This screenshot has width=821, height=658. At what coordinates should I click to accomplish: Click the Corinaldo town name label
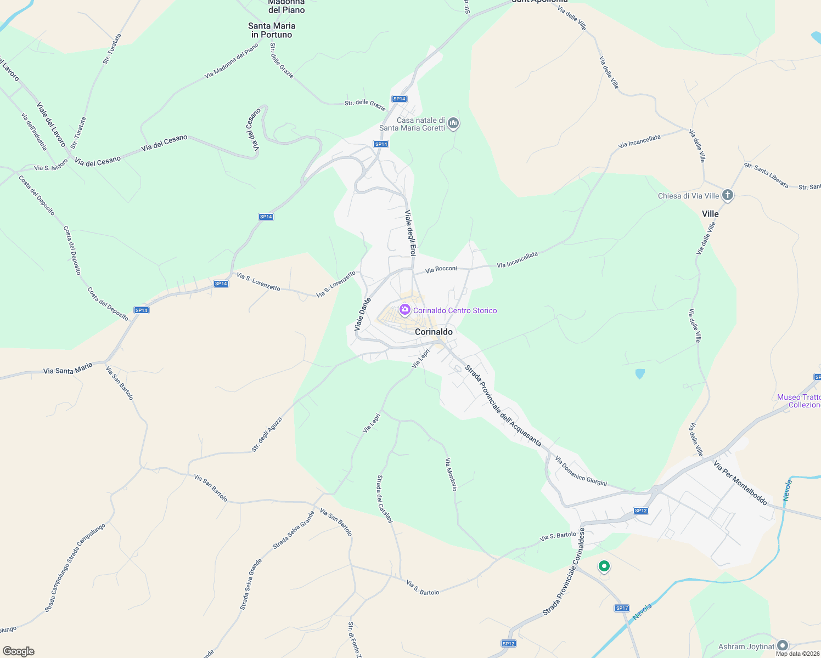[x=434, y=332]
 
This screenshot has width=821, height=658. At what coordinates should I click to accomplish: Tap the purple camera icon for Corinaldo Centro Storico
[x=405, y=310]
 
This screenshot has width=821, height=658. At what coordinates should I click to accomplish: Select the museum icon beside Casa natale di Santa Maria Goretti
[x=453, y=123]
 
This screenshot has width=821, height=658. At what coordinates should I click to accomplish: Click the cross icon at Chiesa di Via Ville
[x=727, y=195]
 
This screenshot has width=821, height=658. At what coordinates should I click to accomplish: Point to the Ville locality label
[x=710, y=214]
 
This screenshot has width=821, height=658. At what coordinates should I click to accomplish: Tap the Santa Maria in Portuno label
[x=272, y=30]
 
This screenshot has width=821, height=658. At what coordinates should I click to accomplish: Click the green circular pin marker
[x=604, y=566]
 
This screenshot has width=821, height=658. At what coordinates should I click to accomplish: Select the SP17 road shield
[x=622, y=608]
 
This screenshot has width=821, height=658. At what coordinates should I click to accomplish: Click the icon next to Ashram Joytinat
[x=783, y=646]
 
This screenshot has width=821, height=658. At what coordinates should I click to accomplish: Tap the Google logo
[x=18, y=651]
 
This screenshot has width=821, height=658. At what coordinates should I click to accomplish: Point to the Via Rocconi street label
[x=441, y=269]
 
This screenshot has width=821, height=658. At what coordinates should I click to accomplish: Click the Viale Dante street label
[x=363, y=314]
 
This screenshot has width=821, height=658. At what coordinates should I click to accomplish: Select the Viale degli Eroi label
[x=410, y=233]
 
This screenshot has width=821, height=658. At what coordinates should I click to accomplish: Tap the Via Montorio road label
[x=451, y=474]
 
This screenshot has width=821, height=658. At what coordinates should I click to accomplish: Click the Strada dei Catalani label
[x=384, y=498]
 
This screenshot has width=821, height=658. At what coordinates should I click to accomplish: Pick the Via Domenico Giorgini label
[x=581, y=471]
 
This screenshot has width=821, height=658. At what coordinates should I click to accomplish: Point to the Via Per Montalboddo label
[x=740, y=483]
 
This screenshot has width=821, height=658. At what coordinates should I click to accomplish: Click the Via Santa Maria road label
[x=68, y=371]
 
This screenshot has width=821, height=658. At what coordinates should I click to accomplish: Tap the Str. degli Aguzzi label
[x=267, y=434]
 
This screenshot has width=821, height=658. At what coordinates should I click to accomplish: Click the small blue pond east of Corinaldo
[x=640, y=374]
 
